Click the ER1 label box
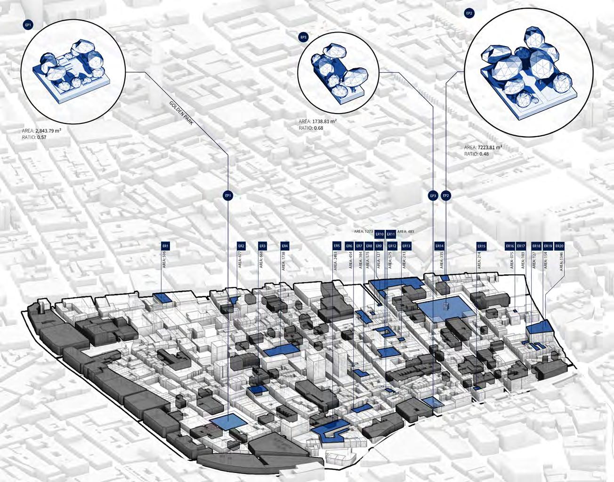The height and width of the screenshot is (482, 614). tap(166, 246)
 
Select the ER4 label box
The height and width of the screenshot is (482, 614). tap(284, 246)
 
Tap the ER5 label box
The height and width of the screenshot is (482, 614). tap(336, 246)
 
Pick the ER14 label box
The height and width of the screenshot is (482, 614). tap(439, 246)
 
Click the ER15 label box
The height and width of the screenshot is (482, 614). tap(481, 246)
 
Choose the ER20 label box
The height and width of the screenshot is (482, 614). tap(559, 246)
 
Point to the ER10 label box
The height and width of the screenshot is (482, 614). tap(379, 234)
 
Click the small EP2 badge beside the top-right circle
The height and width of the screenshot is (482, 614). tap(469, 14)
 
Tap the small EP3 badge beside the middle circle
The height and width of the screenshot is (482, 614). tap(303, 36)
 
